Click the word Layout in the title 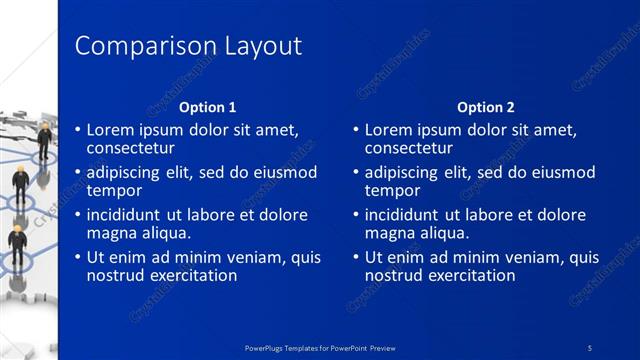point(259,47)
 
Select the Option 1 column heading point(207,107)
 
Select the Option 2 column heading point(485,107)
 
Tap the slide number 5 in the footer point(591,347)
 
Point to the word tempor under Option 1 point(114,190)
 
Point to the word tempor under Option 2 point(392,190)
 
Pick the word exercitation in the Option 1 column point(192,275)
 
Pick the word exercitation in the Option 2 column point(470,275)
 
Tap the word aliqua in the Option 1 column point(162,232)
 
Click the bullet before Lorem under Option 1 point(78,130)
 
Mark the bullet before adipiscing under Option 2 point(356,173)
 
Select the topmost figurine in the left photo point(43,140)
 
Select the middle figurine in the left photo point(20,188)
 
